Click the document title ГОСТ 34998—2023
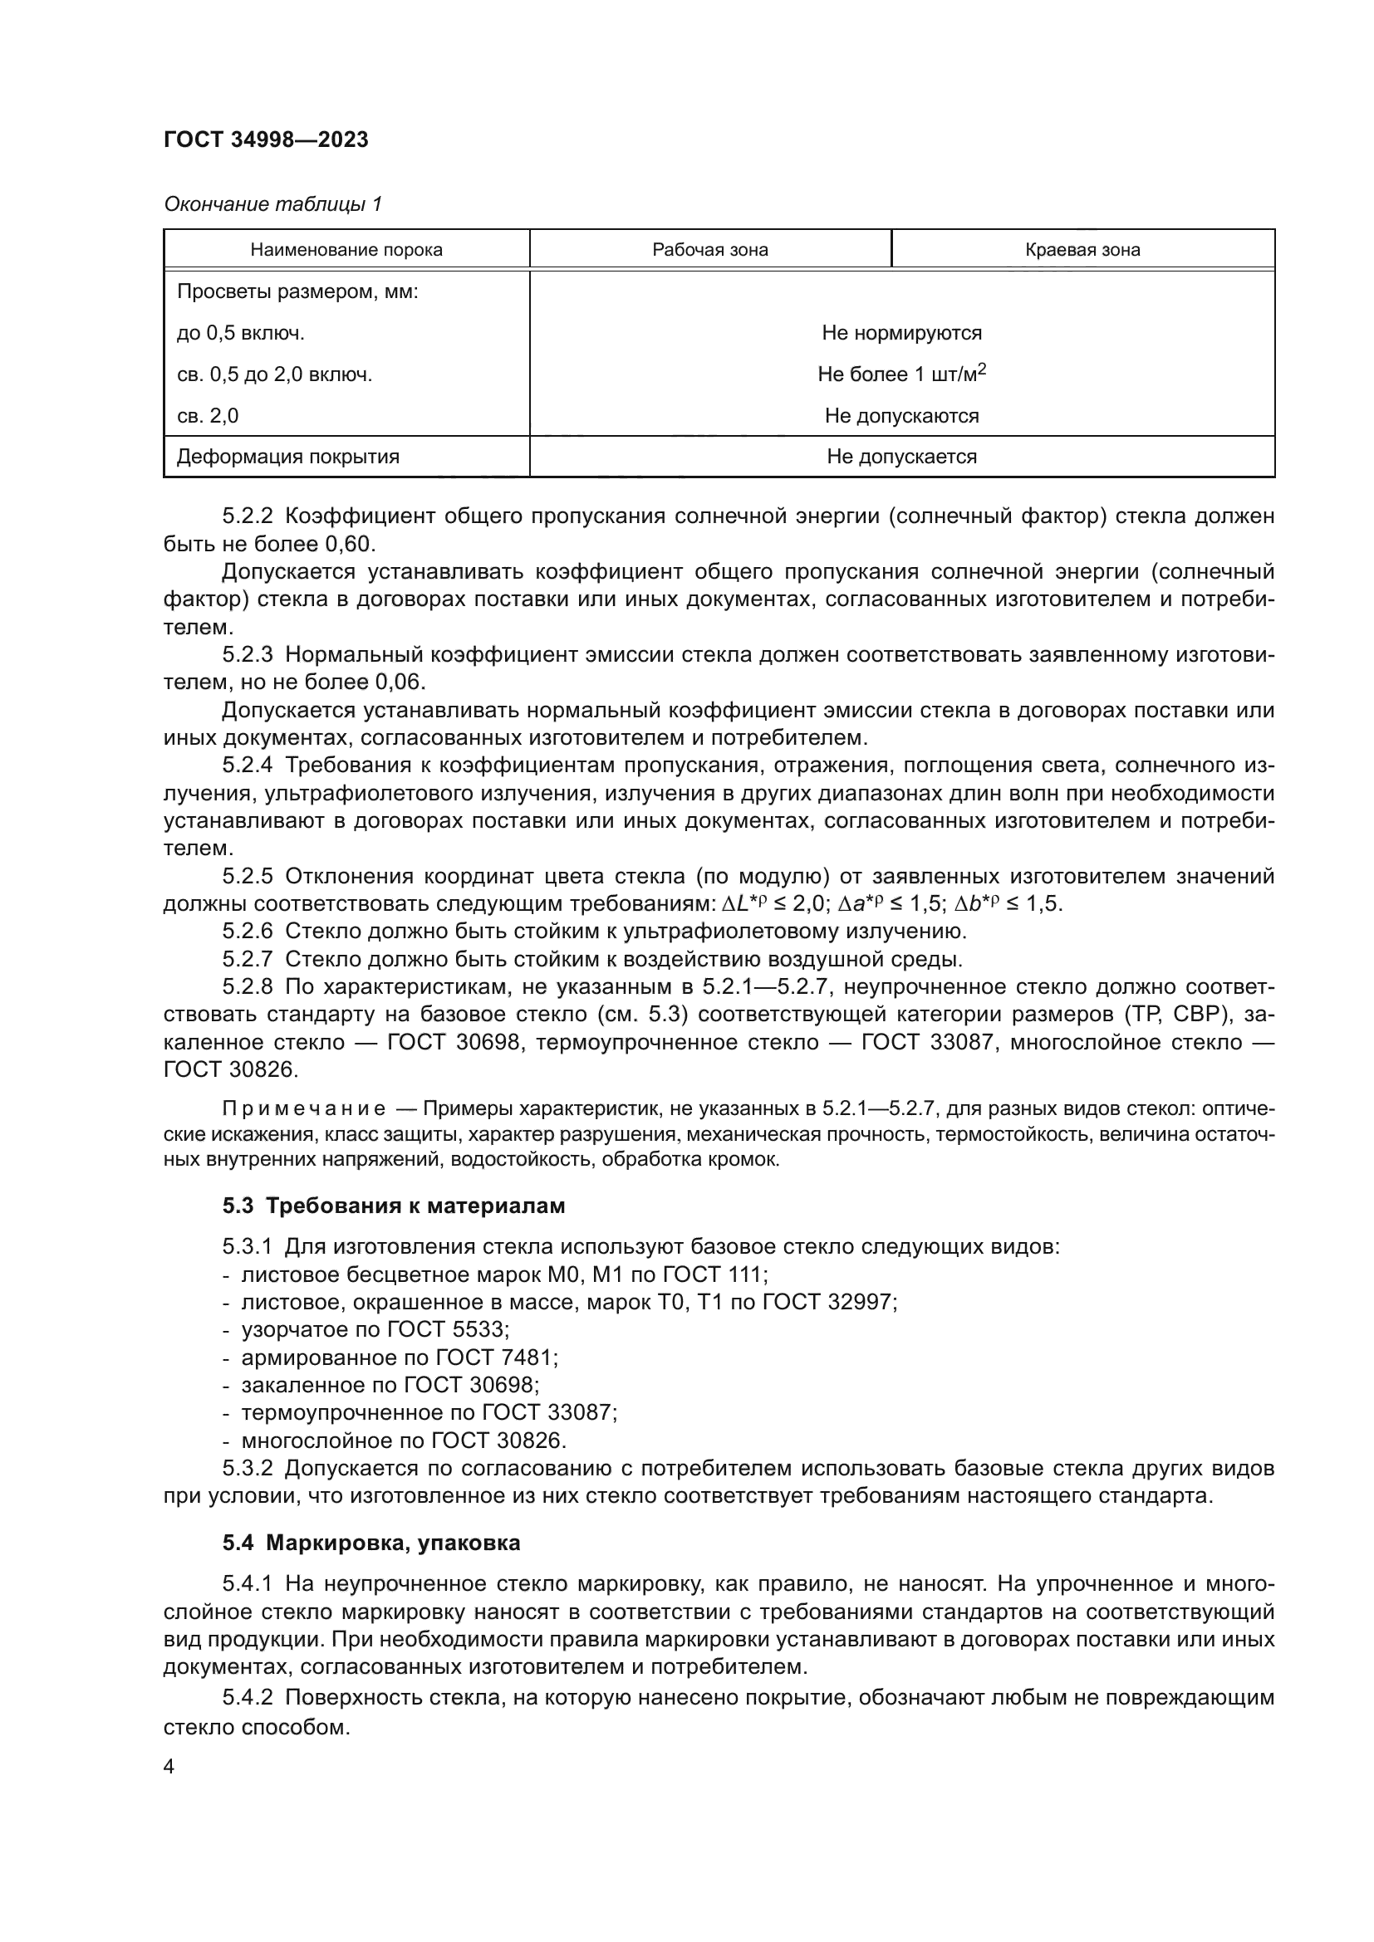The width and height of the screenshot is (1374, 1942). [x=266, y=139]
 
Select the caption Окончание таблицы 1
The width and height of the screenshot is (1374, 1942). [x=272, y=204]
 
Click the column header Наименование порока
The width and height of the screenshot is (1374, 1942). [x=346, y=250]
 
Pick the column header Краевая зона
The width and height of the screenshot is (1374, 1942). [x=1082, y=250]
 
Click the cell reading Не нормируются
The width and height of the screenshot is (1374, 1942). [x=901, y=332]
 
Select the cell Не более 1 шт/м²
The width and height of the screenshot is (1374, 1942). [x=901, y=374]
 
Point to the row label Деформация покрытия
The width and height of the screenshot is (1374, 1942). [x=287, y=457]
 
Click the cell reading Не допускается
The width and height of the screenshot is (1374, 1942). [x=901, y=457]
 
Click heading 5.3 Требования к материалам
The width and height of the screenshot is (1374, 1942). [x=394, y=1206]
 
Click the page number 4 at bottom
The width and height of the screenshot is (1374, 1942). [x=169, y=1767]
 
